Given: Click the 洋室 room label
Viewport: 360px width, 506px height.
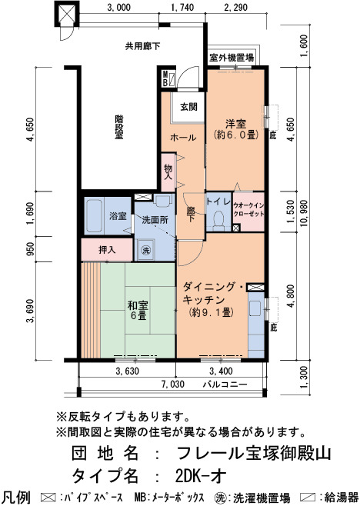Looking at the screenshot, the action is tap(236, 124).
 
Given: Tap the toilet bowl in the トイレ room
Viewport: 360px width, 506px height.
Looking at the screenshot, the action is tap(219, 221).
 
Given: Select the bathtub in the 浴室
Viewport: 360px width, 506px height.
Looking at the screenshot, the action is tap(94, 215).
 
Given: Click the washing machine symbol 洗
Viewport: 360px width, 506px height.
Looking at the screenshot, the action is tap(146, 250).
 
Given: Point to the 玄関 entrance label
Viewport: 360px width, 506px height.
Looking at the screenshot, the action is tap(188, 106).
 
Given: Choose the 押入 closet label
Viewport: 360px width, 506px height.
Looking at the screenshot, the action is tap(107, 250).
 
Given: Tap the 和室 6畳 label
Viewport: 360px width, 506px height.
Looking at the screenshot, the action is tap(138, 310).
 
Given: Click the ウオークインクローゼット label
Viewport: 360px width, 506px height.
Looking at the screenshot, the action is tap(248, 209).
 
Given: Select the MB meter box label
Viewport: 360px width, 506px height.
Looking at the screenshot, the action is tap(165, 78).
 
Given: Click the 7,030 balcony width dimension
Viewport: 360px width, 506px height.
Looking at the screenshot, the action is tap(174, 384).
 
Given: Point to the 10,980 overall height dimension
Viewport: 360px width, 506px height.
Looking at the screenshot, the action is tap(304, 213).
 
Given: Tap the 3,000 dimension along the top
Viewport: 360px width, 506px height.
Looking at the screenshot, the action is tap(119, 8).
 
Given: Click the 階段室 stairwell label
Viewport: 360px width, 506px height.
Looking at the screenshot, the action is tap(118, 127).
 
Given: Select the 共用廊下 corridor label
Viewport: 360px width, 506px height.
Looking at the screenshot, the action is tap(143, 46).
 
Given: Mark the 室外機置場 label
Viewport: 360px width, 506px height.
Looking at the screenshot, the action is tap(232, 58).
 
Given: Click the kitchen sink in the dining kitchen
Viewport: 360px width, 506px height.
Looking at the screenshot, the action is tap(255, 308).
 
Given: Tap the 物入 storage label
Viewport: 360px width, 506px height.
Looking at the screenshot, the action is tap(168, 172).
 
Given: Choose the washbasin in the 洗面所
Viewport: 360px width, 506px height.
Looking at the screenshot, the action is tap(163, 201).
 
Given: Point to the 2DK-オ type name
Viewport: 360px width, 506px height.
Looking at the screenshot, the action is tap(201, 475).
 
